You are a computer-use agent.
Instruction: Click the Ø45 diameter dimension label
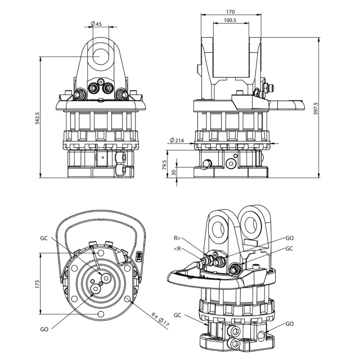pyautogui.click(x=96, y=24)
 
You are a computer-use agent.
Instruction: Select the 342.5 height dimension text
pyautogui.click(x=37, y=119)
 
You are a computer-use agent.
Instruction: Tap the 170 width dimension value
pyautogui.click(x=231, y=12)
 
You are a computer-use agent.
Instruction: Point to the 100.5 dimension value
pyautogui.click(x=230, y=20)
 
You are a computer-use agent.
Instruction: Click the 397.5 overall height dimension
pyautogui.click(x=316, y=109)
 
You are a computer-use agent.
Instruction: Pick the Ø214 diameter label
pyautogui.click(x=177, y=140)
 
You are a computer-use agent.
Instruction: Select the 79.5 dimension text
pyautogui.click(x=164, y=165)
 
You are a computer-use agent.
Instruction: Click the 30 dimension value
pyautogui.click(x=174, y=172)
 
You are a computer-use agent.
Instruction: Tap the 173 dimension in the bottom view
pyautogui.click(x=37, y=284)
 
